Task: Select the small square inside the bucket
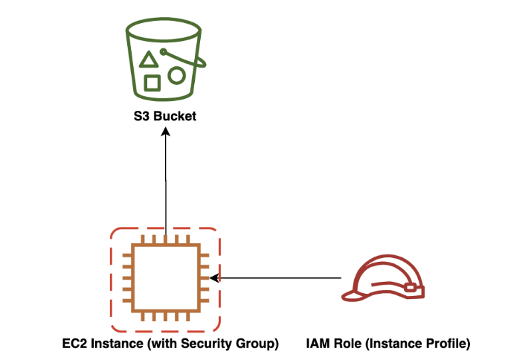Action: (152, 82)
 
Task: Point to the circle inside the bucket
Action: (176, 75)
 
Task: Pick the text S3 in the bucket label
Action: (140, 118)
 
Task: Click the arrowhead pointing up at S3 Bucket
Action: (165, 132)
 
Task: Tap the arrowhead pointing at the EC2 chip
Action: (214, 278)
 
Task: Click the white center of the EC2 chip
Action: (164, 278)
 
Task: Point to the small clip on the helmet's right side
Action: (409, 286)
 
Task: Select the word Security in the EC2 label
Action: (206, 344)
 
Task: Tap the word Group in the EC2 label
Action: (257, 344)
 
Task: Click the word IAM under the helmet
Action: (317, 344)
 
